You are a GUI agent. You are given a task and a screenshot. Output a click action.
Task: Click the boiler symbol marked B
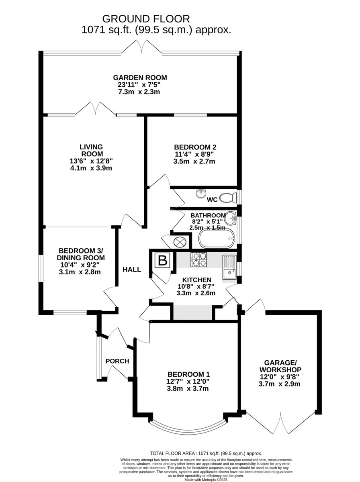[163, 260]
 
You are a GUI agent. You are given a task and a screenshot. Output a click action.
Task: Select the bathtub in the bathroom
[217, 239]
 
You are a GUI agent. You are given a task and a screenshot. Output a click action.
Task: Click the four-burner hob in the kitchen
[199, 259]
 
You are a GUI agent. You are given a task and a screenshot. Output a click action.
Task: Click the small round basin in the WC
[201, 193]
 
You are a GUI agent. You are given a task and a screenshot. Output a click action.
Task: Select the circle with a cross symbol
[180, 242]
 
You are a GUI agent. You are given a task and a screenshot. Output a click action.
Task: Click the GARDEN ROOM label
[140, 78]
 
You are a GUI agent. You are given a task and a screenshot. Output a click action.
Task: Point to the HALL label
[132, 270]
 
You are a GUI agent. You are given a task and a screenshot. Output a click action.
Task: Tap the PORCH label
[117, 361]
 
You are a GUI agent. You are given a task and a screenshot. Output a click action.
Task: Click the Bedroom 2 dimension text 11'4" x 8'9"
[194, 154]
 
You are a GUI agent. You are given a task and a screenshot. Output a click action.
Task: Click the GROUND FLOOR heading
[146, 19]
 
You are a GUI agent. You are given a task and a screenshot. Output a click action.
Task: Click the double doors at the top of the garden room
[142, 47]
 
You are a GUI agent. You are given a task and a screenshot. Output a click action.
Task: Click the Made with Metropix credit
[206, 478]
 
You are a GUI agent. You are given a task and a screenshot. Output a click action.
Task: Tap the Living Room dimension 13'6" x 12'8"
[91, 161]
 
